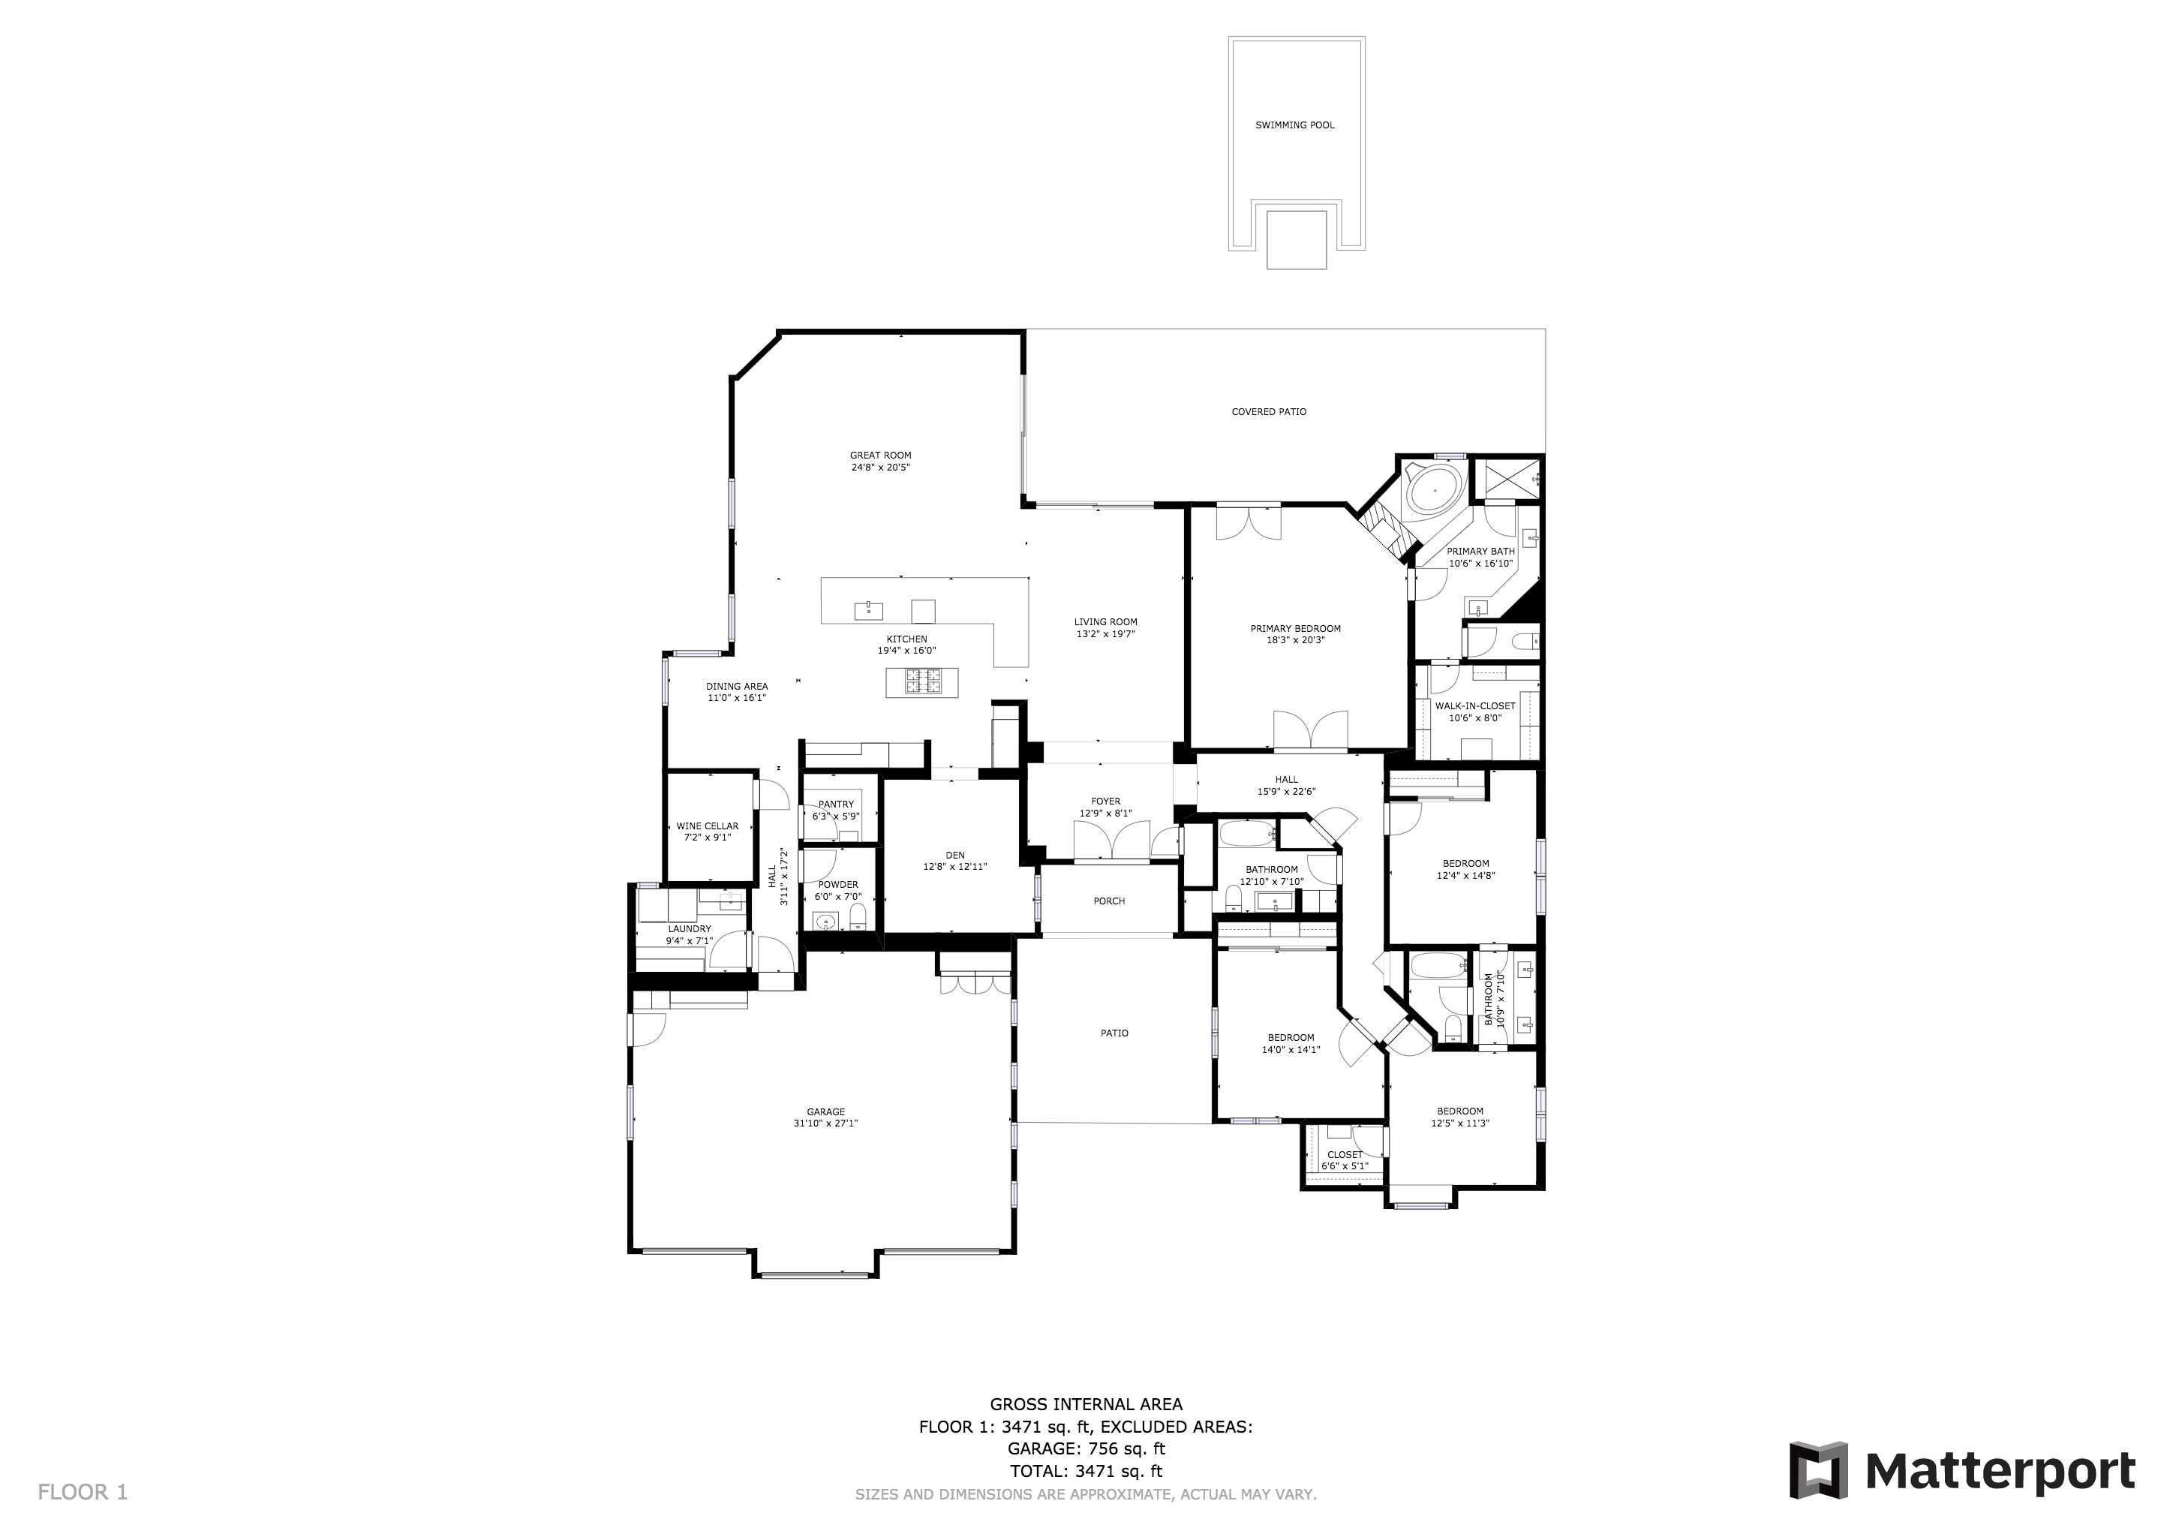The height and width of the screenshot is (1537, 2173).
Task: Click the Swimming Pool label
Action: [1294, 125]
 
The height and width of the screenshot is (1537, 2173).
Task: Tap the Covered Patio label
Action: [1268, 412]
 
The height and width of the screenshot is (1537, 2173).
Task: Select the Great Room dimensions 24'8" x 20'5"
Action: [879, 468]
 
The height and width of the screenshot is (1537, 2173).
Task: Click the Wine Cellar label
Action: [707, 826]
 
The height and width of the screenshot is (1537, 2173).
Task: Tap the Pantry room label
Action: [836, 805]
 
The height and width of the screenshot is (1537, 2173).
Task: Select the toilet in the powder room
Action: [858, 916]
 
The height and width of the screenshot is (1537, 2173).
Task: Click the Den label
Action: [955, 856]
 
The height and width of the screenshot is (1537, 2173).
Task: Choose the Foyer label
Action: [1105, 802]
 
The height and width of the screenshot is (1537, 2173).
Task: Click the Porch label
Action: [1108, 901]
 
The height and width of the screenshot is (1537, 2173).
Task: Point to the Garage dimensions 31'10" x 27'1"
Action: [825, 1123]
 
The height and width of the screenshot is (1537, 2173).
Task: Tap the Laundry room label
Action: [689, 929]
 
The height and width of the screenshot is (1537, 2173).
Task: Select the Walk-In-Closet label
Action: [1474, 706]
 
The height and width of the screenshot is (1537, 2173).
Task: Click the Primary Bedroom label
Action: [1294, 628]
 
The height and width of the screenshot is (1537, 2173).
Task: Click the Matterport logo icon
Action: [1817, 1469]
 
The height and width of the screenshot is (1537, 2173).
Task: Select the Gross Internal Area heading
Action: [1086, 1404]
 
